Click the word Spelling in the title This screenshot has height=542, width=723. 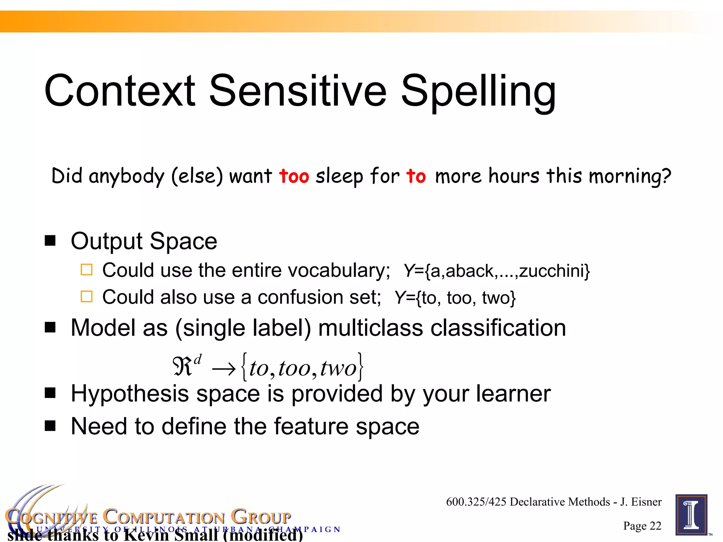[x=478, y=92]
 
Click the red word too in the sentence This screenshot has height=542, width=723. [x=294, y=176]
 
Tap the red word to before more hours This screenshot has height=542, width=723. [x=416, y=176]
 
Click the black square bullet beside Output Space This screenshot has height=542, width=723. [x=50, y=241]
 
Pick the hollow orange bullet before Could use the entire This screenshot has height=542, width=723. [x=86, y=270]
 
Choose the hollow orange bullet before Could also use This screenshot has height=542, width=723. [x=86, y=297]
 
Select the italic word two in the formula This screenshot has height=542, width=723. [x=338, y=368]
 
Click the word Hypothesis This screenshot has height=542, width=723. [x=130, y=394]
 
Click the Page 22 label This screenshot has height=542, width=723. [x=642, y=526]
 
